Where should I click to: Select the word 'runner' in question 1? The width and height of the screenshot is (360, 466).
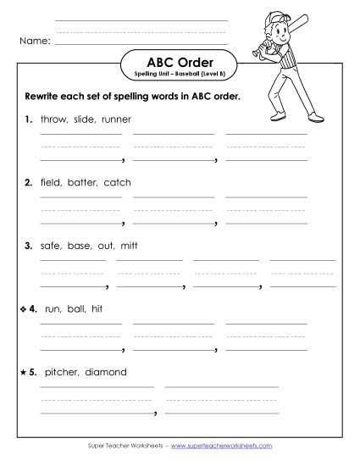pyautogui.click(x=116, y=119)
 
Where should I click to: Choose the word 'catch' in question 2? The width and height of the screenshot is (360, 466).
pyautogui.click(x=117, y=182)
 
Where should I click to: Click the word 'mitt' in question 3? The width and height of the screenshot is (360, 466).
pyautogui.click(x=128, y=246)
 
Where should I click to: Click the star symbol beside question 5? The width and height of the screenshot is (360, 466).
pyautogui.click(x=22, y=371)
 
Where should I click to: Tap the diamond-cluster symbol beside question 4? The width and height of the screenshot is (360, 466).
pyautogui.click(x=22, y=308)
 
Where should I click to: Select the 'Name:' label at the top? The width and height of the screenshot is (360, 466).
pyautogui.click(x=35, y=39)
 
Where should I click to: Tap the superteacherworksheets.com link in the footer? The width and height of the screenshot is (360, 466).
pyautogui.click(x=228, y=445)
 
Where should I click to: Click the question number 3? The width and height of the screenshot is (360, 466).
pyautogui.click(x=29, y=246)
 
